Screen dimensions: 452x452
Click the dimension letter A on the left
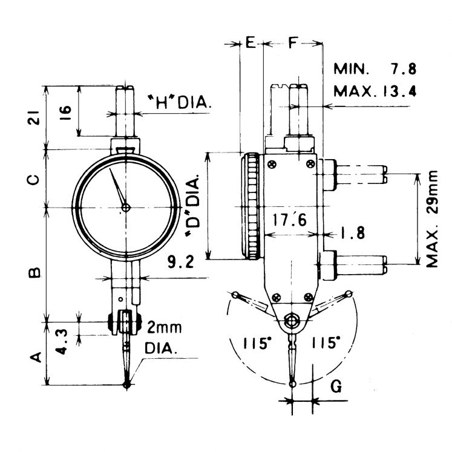(x=35, y=357)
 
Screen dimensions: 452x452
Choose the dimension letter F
(x=293, y=43)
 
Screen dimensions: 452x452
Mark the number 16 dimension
(x=67, y=111)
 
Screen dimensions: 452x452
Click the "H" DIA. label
(x=179, y=103)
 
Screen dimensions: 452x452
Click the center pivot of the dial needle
(x=125, y=208)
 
